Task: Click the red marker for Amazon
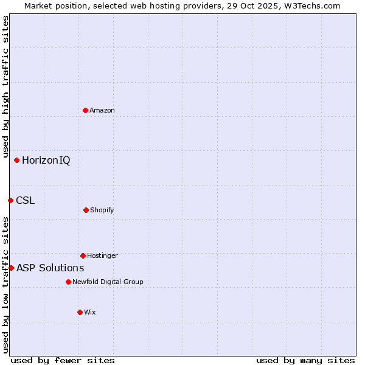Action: coord(85,110)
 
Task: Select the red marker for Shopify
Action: coord(86,210)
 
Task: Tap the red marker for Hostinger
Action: coord(83,255)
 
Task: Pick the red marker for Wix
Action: coord(80,312)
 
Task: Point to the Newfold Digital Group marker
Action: coord(68,282)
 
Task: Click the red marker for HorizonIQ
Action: coord(16,160)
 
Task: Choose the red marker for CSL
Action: coord(10,200)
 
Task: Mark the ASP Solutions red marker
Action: coord(11,268)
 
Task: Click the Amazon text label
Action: coord(102,110)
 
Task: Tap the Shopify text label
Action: coord(102,210)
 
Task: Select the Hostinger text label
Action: coord(102,255)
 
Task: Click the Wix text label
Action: coord(90,312)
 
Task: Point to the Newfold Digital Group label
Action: coord(108,282)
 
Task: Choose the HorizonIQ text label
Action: coord(46,161)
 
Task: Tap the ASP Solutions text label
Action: coord(50,268)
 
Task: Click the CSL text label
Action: coord(25,200)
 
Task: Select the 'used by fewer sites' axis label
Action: coord(63,360)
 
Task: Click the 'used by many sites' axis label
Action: coord(305,360)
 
